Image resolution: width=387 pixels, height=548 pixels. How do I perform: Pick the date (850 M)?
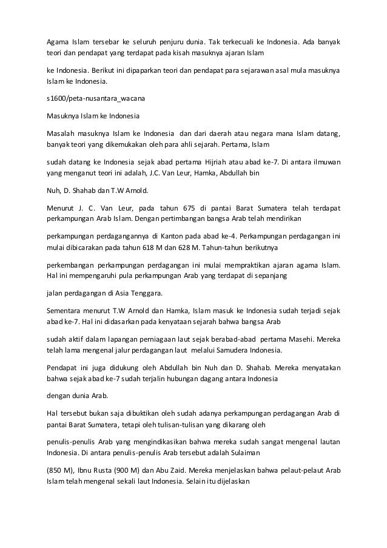pos(62,453)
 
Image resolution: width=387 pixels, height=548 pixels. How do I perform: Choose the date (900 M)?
pos(124,453)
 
